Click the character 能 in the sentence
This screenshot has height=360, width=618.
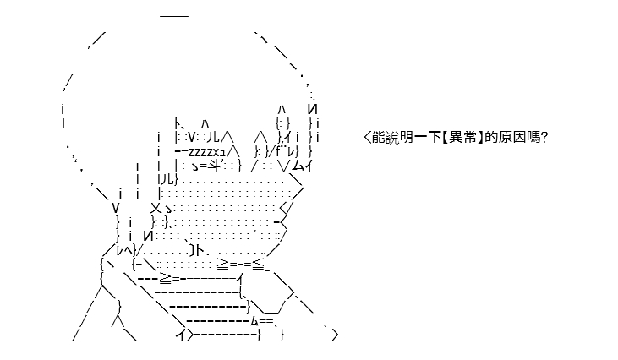tap(379, 137)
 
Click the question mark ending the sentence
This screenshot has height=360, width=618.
tap(544, 137)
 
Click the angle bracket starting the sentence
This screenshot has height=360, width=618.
tap(367, 137)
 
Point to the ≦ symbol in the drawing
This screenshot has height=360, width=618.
tap(258, 265)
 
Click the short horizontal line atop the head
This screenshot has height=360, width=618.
tap(174, 16)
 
